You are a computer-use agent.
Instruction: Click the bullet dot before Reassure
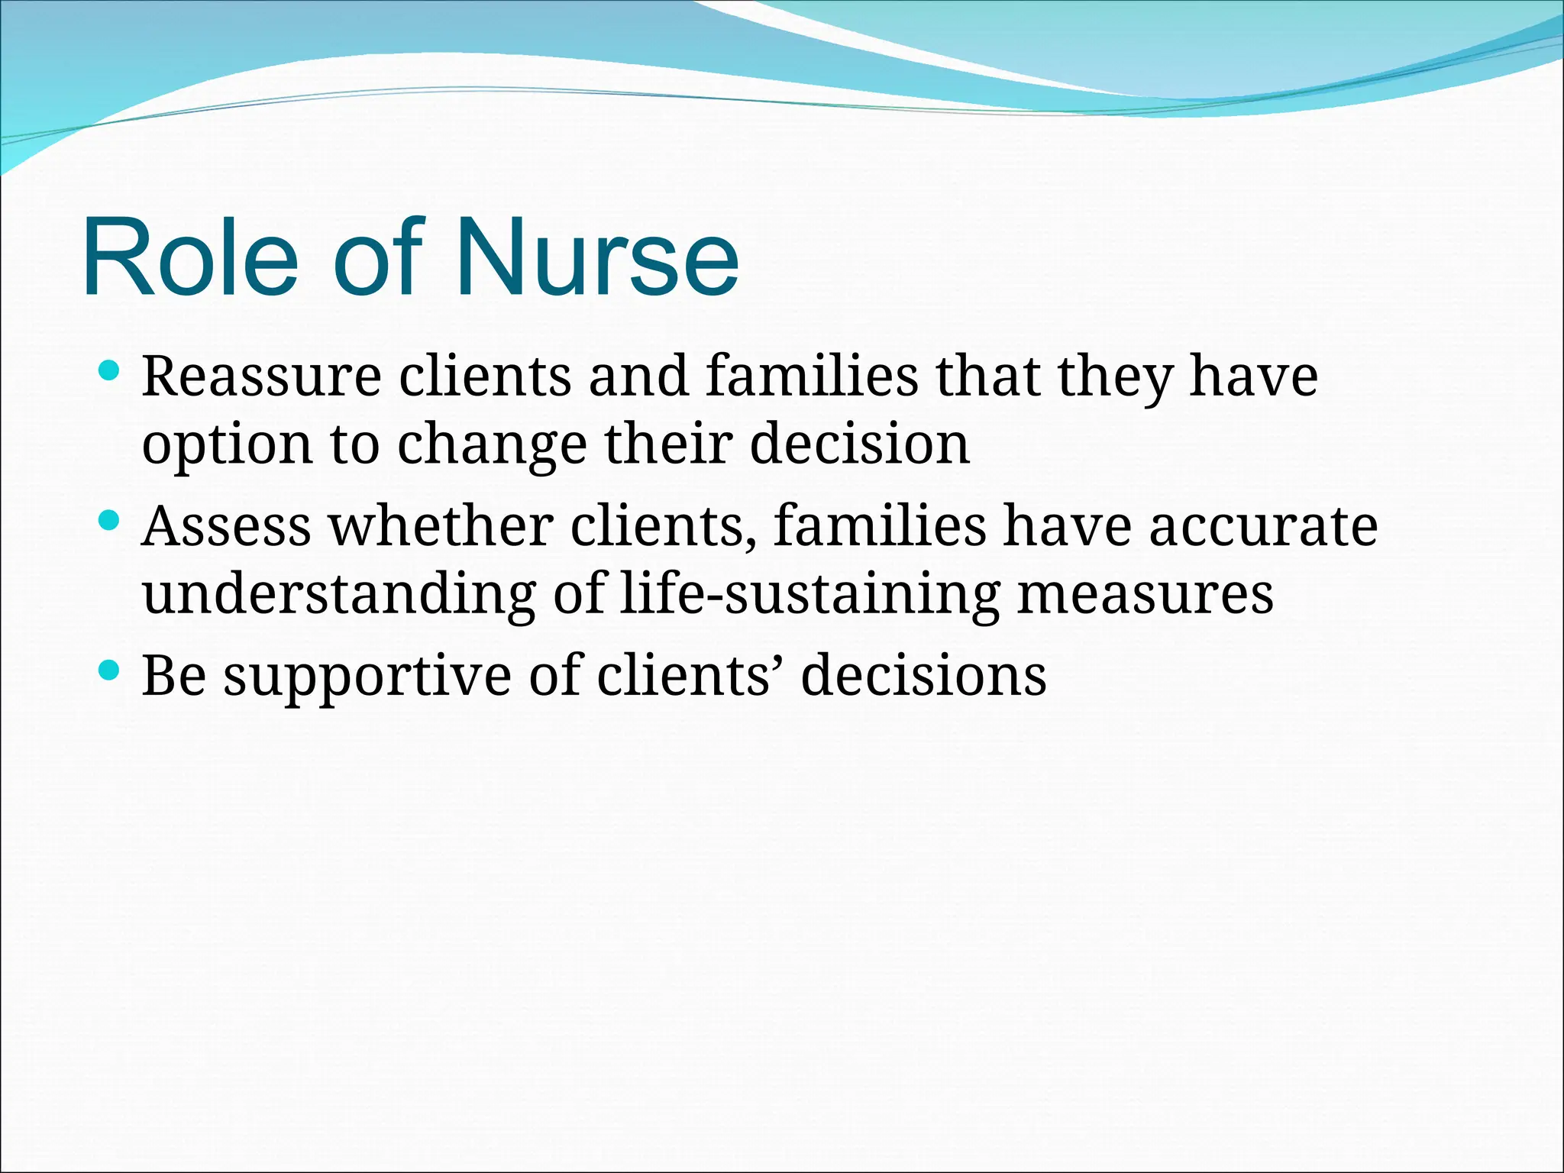110,372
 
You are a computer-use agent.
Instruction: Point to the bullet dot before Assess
110,522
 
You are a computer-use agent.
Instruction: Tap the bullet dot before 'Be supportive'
110,671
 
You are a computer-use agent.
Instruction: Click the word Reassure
261,376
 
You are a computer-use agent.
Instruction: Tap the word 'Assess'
227,526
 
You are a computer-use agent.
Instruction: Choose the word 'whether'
441,526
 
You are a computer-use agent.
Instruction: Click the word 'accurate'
1263,526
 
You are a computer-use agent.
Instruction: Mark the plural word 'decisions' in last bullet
923,675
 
